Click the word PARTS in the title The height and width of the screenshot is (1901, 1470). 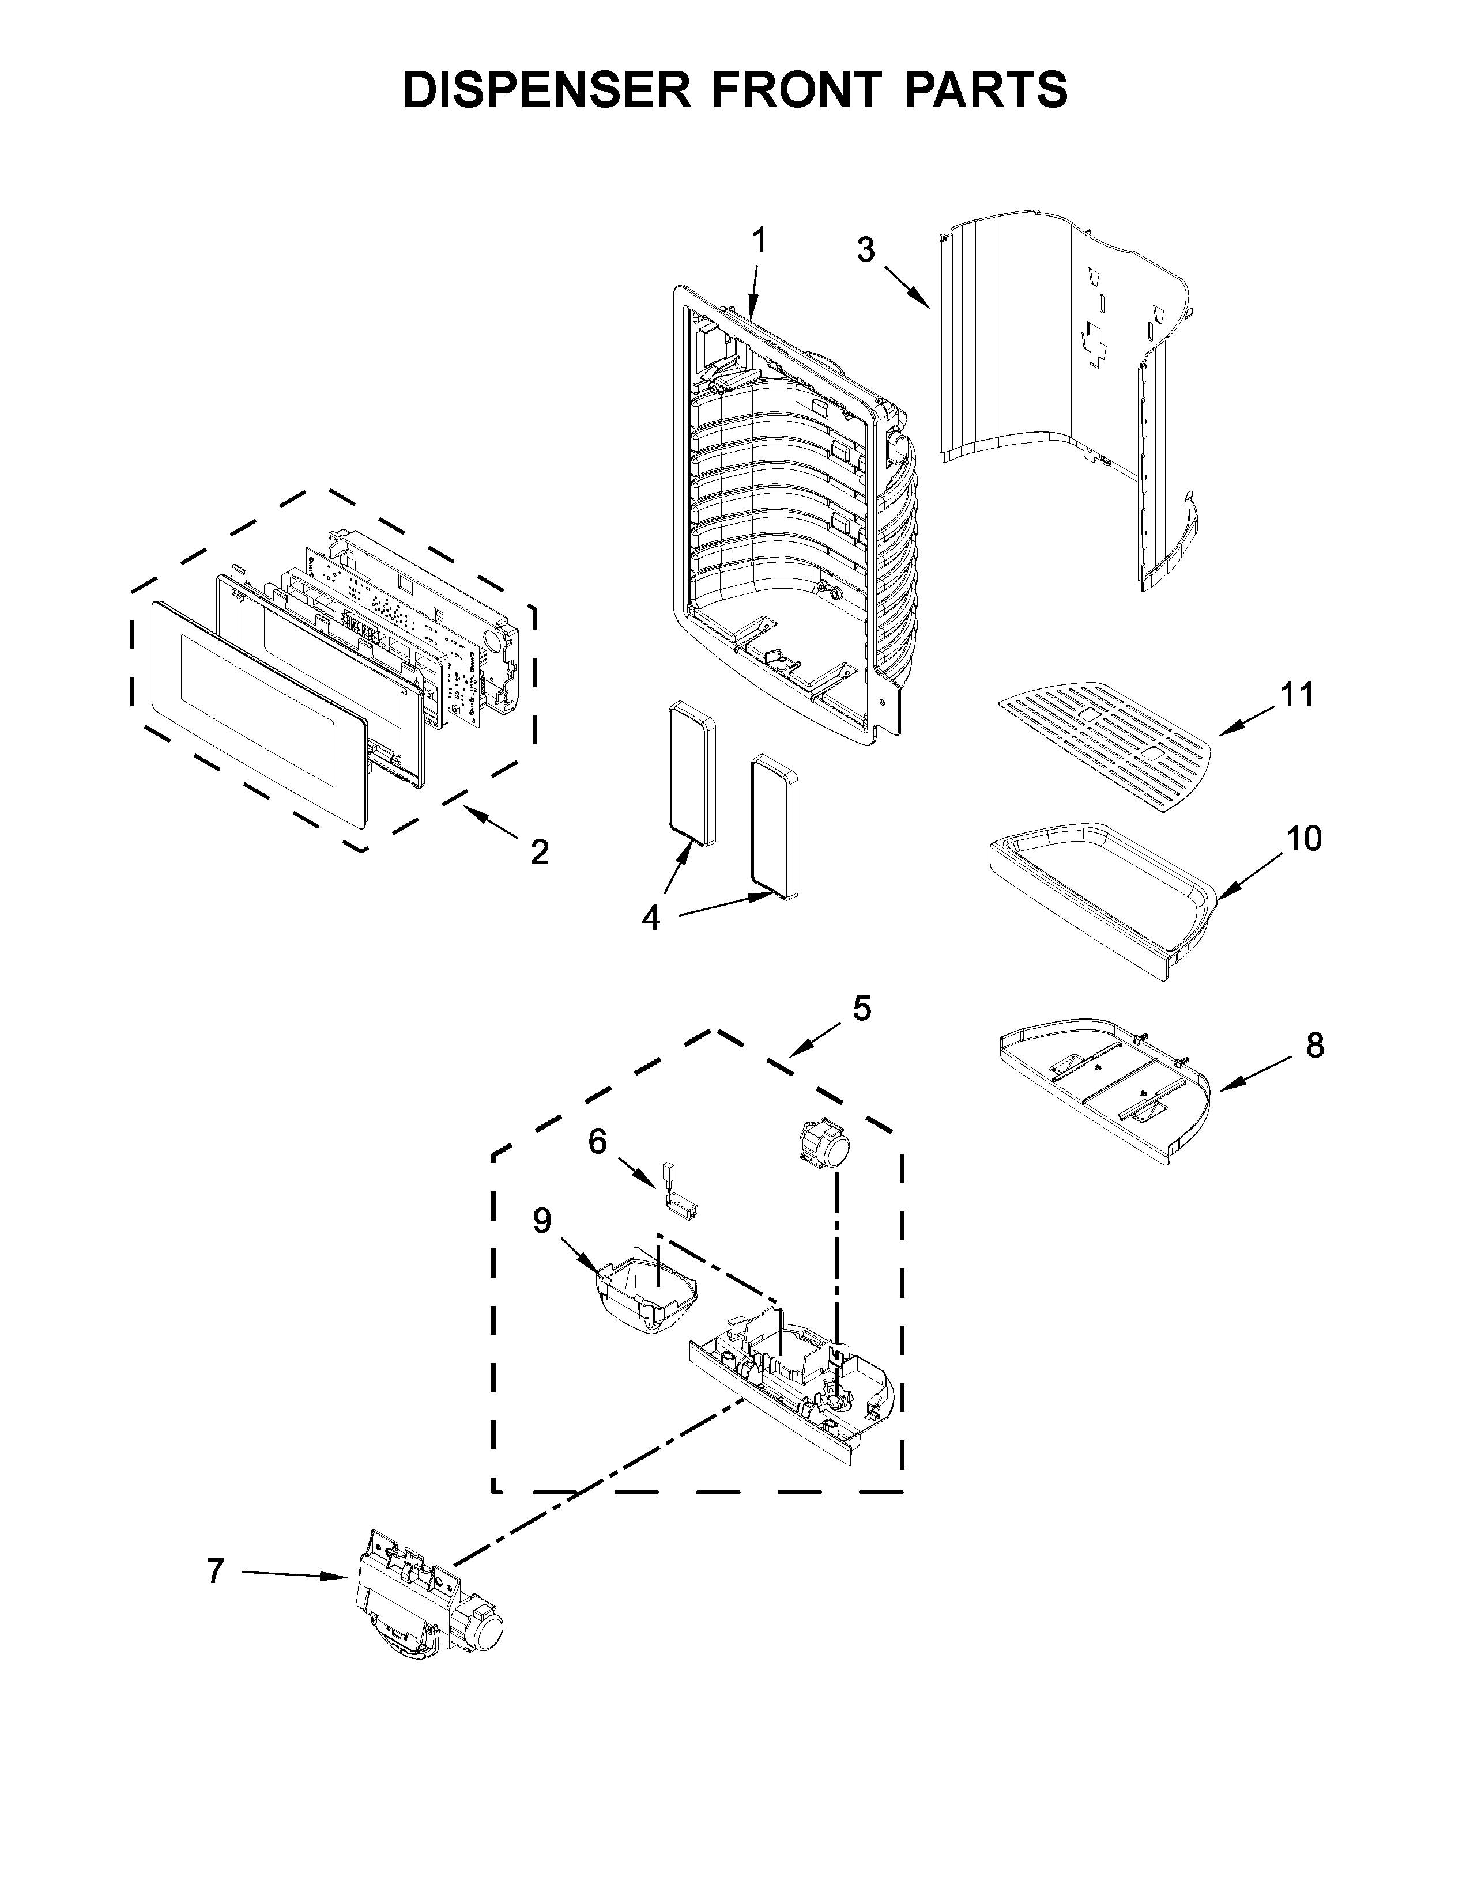pos(985,90)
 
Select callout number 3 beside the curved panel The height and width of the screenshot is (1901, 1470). pos(865,251)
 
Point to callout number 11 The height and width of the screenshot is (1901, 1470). pos(1298,695)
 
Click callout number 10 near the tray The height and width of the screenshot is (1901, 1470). pos(1303,838)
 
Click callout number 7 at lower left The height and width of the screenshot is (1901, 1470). pos(215,1571)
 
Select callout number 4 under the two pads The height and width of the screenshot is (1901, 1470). pos(651,918)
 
